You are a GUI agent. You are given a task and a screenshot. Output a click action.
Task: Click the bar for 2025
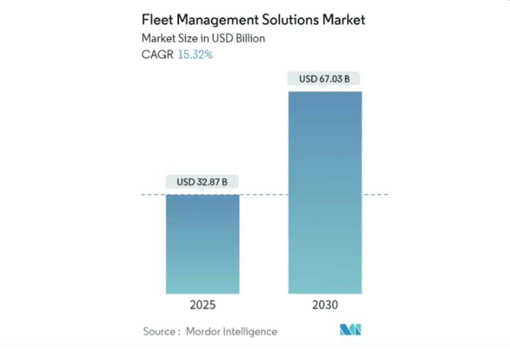click(203, 244)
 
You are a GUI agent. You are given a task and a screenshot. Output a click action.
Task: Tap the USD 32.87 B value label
click(202, 182)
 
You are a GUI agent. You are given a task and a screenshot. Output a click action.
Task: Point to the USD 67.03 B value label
click(325, 79)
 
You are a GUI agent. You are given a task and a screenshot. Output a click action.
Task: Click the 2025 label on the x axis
click(203, 305)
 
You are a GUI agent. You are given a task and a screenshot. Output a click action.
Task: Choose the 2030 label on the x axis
click(325, 305)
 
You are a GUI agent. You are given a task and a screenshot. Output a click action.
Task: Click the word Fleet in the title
click(155, 20)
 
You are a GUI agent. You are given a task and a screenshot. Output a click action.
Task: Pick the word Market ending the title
click(344, 20)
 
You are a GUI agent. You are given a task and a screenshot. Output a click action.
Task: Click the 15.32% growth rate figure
click(195, 55)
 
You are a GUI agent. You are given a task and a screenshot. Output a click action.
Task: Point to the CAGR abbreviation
click(157, 55)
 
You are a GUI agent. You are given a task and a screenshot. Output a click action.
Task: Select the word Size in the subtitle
click(187, 38)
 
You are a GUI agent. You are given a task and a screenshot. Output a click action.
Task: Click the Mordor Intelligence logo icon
click(351, 330)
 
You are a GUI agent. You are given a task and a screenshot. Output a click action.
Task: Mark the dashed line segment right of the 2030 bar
click(376, 194)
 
